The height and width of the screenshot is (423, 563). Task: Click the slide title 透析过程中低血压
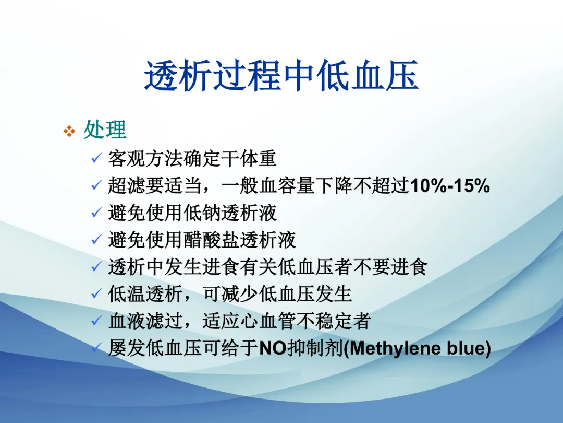click(281, 76)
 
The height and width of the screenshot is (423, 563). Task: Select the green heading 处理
click(105, 130)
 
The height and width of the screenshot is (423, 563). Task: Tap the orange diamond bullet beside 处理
click(69, 131)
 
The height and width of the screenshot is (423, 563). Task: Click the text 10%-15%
click(450, 186)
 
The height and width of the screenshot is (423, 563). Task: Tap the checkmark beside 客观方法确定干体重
click(96, 158)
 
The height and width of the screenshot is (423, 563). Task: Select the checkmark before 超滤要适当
click(96, 185)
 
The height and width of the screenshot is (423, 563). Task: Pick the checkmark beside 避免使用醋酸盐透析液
click(96, 239)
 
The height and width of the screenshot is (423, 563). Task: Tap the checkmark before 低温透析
click(96, 293)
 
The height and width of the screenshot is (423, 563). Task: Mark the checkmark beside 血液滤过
click(96, 321)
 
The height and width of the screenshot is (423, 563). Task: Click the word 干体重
click(249, 159)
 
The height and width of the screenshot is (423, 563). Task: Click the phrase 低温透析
click(145, 294)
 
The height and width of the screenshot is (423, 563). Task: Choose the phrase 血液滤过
click(145, 321)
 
